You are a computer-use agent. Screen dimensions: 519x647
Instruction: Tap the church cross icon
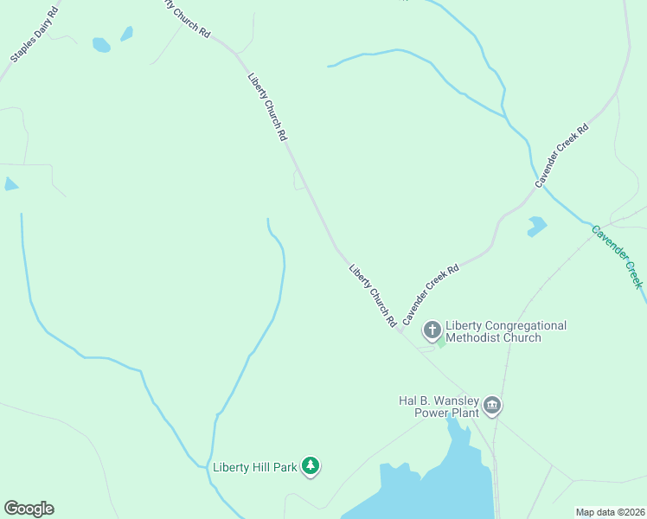pos(432,330)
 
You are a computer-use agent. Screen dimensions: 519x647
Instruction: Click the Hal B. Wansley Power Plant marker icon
pos(492,406)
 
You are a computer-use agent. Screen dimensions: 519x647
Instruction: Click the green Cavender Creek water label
pos(618,256)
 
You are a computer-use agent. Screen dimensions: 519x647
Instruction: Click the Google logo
pos(29,509)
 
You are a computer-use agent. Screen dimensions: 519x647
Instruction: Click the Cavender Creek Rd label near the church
pos(430,294)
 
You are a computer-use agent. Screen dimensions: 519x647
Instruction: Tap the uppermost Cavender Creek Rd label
pos(561,156)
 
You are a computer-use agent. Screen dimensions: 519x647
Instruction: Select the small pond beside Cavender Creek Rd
pos(536,227)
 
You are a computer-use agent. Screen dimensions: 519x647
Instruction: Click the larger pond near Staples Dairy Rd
pos(101,45)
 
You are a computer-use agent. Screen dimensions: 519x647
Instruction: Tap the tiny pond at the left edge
pos(10,184)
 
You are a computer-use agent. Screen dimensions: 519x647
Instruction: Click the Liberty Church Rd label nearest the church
pos(373,295)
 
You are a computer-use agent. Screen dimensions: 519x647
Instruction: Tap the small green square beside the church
pos(441,343)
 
